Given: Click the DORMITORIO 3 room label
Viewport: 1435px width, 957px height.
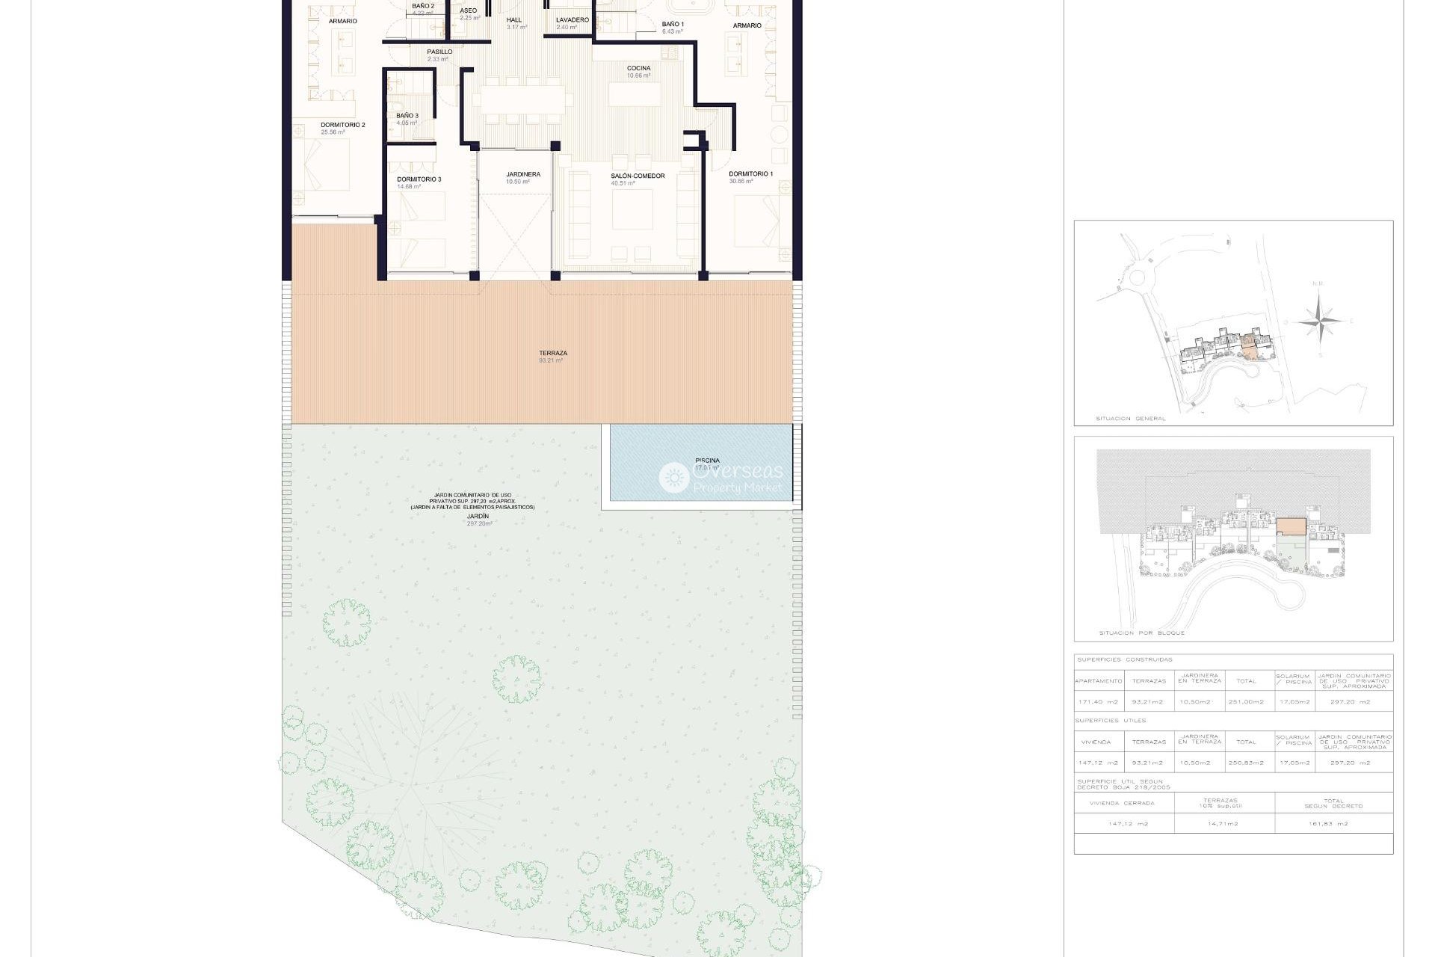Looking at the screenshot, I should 419,179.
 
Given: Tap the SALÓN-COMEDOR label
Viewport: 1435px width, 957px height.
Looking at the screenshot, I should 637,176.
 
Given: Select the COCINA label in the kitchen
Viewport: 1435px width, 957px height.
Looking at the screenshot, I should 638,69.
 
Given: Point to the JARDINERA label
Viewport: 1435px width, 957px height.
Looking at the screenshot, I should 522,175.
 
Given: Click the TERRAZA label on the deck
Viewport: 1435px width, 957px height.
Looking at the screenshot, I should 552,354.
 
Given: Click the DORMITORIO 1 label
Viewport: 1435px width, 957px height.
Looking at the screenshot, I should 750,174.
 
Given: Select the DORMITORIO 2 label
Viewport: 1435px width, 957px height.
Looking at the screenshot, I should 342,126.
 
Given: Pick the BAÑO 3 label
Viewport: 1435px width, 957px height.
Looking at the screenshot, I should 407,116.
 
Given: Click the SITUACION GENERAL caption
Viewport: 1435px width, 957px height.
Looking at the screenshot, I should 1130,419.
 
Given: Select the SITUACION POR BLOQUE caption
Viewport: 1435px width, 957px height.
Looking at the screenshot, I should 1141,633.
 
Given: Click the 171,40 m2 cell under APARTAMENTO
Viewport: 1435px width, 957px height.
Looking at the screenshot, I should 1098,702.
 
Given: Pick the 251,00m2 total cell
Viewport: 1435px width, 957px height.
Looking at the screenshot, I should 1246,702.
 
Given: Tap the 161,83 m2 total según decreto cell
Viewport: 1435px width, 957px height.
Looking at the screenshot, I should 1333,824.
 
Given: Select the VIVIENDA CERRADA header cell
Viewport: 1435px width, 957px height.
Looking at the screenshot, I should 1122,803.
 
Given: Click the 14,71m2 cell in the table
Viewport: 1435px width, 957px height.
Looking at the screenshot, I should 1223,824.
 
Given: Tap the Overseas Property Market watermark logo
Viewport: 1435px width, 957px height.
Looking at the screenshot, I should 721,477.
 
